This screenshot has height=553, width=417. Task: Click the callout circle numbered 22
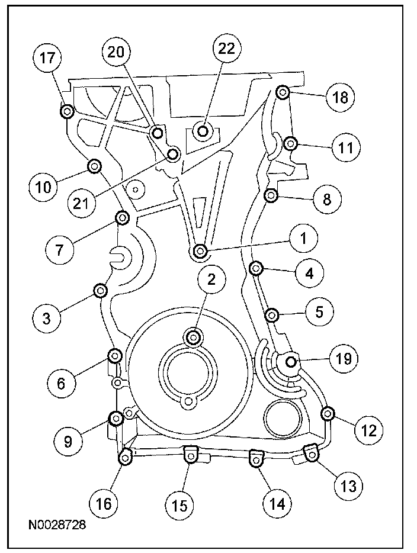[x=226, y=50]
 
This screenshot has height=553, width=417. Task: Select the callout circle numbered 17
[x=50, y=60]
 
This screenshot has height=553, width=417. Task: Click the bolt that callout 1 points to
[x=200, y=252]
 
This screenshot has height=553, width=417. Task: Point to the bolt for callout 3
[x=101, y=290]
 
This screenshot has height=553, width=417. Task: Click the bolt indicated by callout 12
[x=326, y=412]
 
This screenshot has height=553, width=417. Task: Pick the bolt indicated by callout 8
[x=271, y=195]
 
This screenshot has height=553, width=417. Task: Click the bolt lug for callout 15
[x=190, y=454]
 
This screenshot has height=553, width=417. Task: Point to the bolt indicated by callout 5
[x=272, y=314]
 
